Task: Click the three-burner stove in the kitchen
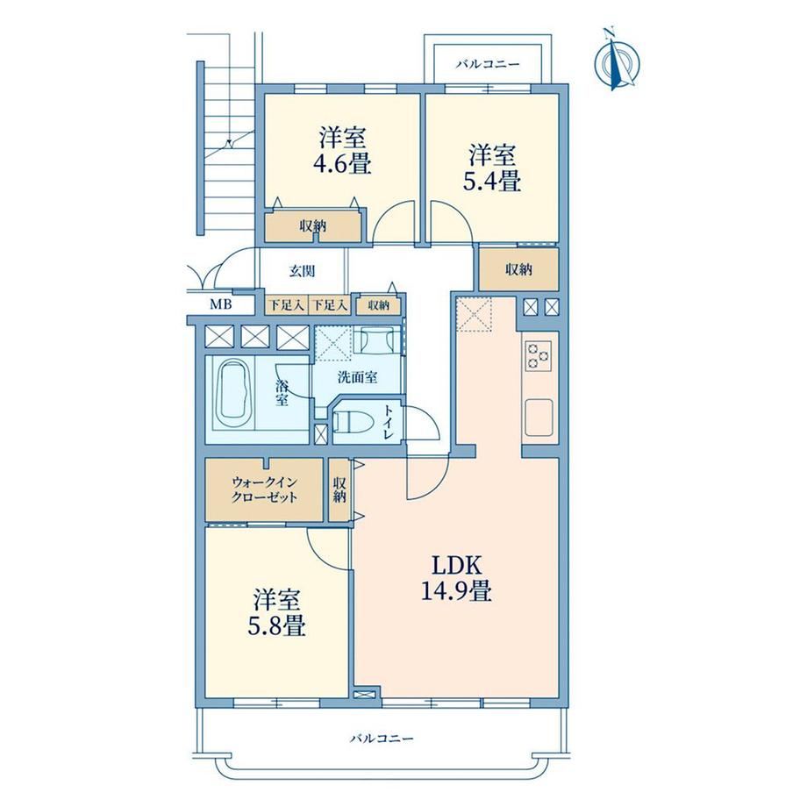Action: [x=538, y=355]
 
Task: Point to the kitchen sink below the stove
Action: [x=539, y=418]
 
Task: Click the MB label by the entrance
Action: [x=221, y=304]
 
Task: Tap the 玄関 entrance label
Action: [x=302, y=271]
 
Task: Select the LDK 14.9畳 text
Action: [x=456, y=578]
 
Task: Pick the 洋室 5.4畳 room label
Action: [x=492, y=168]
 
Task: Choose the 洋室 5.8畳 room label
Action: [x=277, y=613]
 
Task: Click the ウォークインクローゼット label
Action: [x=264, y=490]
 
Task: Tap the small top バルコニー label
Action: [x=488, y=64]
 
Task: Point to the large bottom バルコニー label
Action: [x=382, y=739]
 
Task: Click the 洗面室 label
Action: [x=358, y=377]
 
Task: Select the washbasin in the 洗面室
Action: [x=374, y=339]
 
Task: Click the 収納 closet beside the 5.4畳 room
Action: [x=518, y=269]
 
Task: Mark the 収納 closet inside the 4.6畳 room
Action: [x=312, y=226]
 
